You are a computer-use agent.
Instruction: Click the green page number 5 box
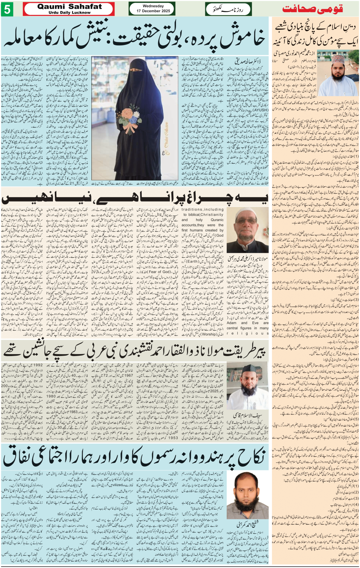point(7,9)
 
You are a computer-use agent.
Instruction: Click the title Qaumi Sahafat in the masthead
point(69,6)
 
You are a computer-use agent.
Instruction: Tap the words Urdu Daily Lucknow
point(69,13)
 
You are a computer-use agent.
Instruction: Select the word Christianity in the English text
point(212,215)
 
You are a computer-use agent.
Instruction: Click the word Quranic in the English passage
point(217,220)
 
